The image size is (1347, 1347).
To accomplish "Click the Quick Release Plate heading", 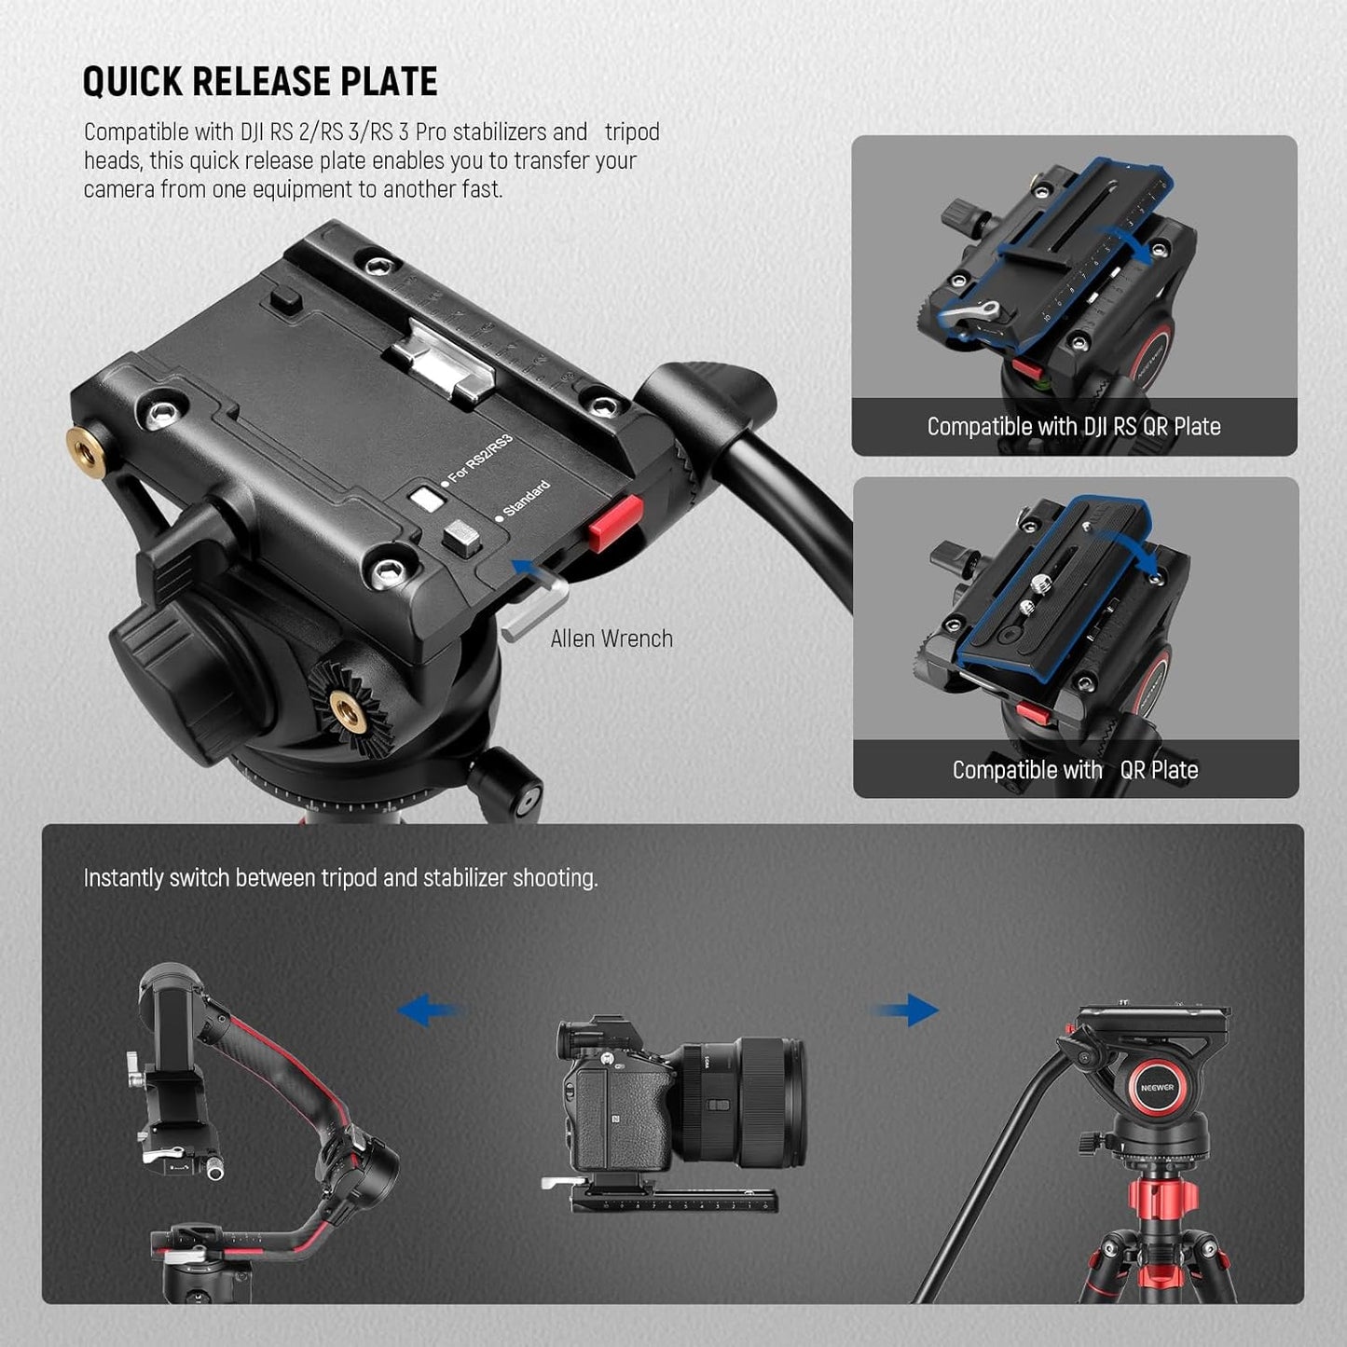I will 260,82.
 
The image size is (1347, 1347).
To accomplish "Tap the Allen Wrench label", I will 612,639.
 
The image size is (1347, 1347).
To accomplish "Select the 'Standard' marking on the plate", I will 527,499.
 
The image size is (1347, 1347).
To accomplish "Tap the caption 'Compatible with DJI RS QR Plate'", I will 1074,427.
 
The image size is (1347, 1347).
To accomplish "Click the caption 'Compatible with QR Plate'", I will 1075,770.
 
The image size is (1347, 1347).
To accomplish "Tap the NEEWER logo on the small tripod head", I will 1157,1088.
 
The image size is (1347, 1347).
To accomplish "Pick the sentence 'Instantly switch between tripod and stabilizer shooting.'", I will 340,878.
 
